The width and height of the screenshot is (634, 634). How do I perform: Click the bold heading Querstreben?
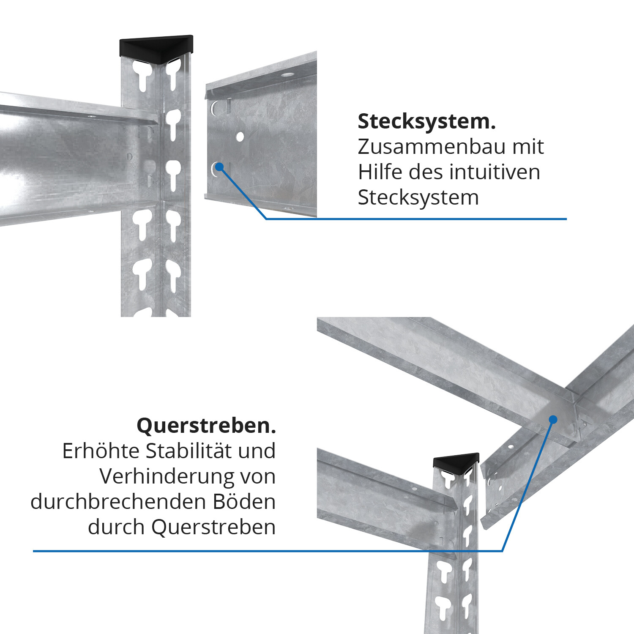coord(206,425)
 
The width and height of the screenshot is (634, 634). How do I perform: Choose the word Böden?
coord(244,502)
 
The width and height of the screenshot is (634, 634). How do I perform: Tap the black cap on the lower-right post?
coord(456,462)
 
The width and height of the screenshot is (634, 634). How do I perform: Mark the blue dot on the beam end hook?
coord(219,167)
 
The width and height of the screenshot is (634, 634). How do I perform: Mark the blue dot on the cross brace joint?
coord(553,419)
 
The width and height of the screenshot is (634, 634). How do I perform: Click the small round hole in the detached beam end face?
coord(240,137)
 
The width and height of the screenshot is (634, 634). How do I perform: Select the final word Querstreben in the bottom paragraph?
coord(213,527)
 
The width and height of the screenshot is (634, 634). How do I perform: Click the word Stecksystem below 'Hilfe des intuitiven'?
coord(418,197)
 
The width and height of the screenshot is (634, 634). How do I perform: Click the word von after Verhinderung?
coord(258,477)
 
